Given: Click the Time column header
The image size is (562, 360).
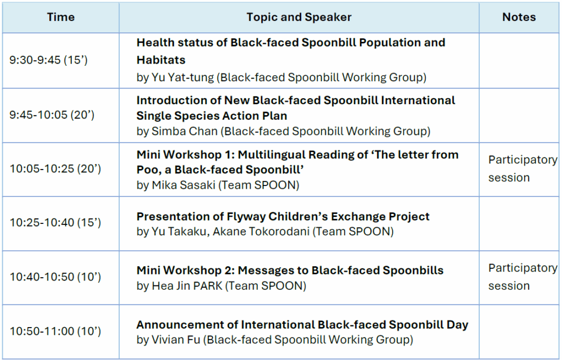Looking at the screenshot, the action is pos(61,17).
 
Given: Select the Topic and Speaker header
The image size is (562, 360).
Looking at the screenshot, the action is pos(299,17).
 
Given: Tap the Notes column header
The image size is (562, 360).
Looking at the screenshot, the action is pos(519,17).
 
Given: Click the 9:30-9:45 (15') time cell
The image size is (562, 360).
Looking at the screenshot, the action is pos(48,60).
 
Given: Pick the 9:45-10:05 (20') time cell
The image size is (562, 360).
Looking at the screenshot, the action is pos(52,115).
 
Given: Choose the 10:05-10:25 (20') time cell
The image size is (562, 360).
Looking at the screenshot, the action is pos(55,168).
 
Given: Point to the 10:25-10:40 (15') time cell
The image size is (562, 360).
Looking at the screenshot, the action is pos(55,223).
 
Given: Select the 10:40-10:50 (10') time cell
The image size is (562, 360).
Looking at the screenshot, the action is pos(55,277).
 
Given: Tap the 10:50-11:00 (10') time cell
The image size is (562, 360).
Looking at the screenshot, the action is pos(55,331).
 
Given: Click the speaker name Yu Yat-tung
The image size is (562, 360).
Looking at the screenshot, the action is pos(182,77).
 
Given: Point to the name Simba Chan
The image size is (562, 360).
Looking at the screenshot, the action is pos(184,131).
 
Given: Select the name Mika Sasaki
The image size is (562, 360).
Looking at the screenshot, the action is pos(183,185).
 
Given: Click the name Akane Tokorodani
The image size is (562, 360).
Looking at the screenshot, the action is pos(261,232).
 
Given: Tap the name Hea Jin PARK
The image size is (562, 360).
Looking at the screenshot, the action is pos(187,286).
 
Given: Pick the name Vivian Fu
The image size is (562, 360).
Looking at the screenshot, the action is pos(176,340).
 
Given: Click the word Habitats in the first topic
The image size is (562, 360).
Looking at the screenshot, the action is pos(161,60).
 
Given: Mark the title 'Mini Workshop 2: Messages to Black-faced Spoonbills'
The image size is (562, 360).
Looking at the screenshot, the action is pos(290,271).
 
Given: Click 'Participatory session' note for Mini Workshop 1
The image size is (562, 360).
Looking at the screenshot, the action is pos(522,168).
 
